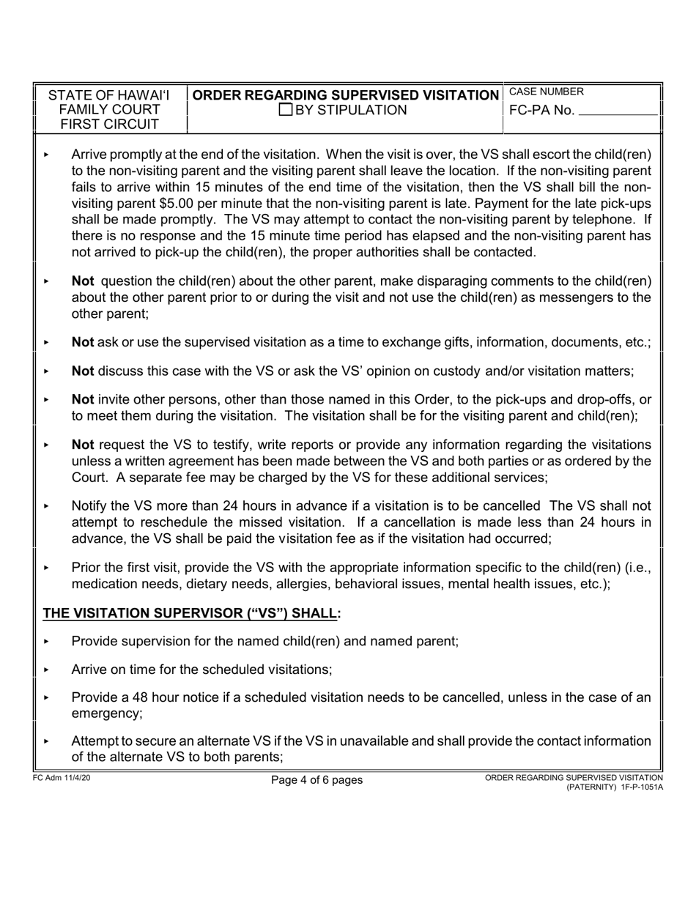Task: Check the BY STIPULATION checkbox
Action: click(x=286, y=111)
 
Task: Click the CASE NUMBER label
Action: click(x=547, y=92)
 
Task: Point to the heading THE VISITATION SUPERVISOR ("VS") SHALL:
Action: click(x=192, y=613)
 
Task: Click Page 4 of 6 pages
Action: click(x=316, y=780)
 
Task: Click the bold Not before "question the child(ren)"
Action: click(x=83, y=281)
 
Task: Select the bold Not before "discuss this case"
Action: click(x=83, y=371)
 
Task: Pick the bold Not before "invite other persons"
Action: click(x=83, y=400)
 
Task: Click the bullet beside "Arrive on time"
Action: click(x=46, y=670)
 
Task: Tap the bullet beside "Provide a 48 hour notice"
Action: click(x=46, y=697)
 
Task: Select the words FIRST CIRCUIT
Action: click(x=109, y=125)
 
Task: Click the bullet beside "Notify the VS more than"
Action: click(x=46, y=506)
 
